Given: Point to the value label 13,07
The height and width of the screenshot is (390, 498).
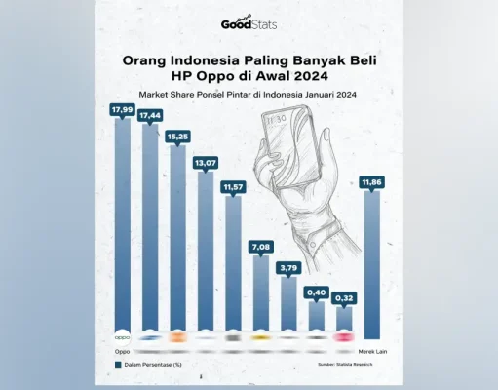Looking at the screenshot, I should (x=207, y=162).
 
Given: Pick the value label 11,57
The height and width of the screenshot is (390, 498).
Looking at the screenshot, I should (x=234, y=185).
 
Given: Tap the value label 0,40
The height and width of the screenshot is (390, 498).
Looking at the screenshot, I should (x=317, y=292).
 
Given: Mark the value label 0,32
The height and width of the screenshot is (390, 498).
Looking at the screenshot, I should (x=344, y=297).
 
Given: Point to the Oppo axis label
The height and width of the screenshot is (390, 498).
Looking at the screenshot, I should (x=122, y=350).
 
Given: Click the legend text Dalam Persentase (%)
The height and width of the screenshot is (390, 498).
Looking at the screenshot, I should (x=153, y=366).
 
